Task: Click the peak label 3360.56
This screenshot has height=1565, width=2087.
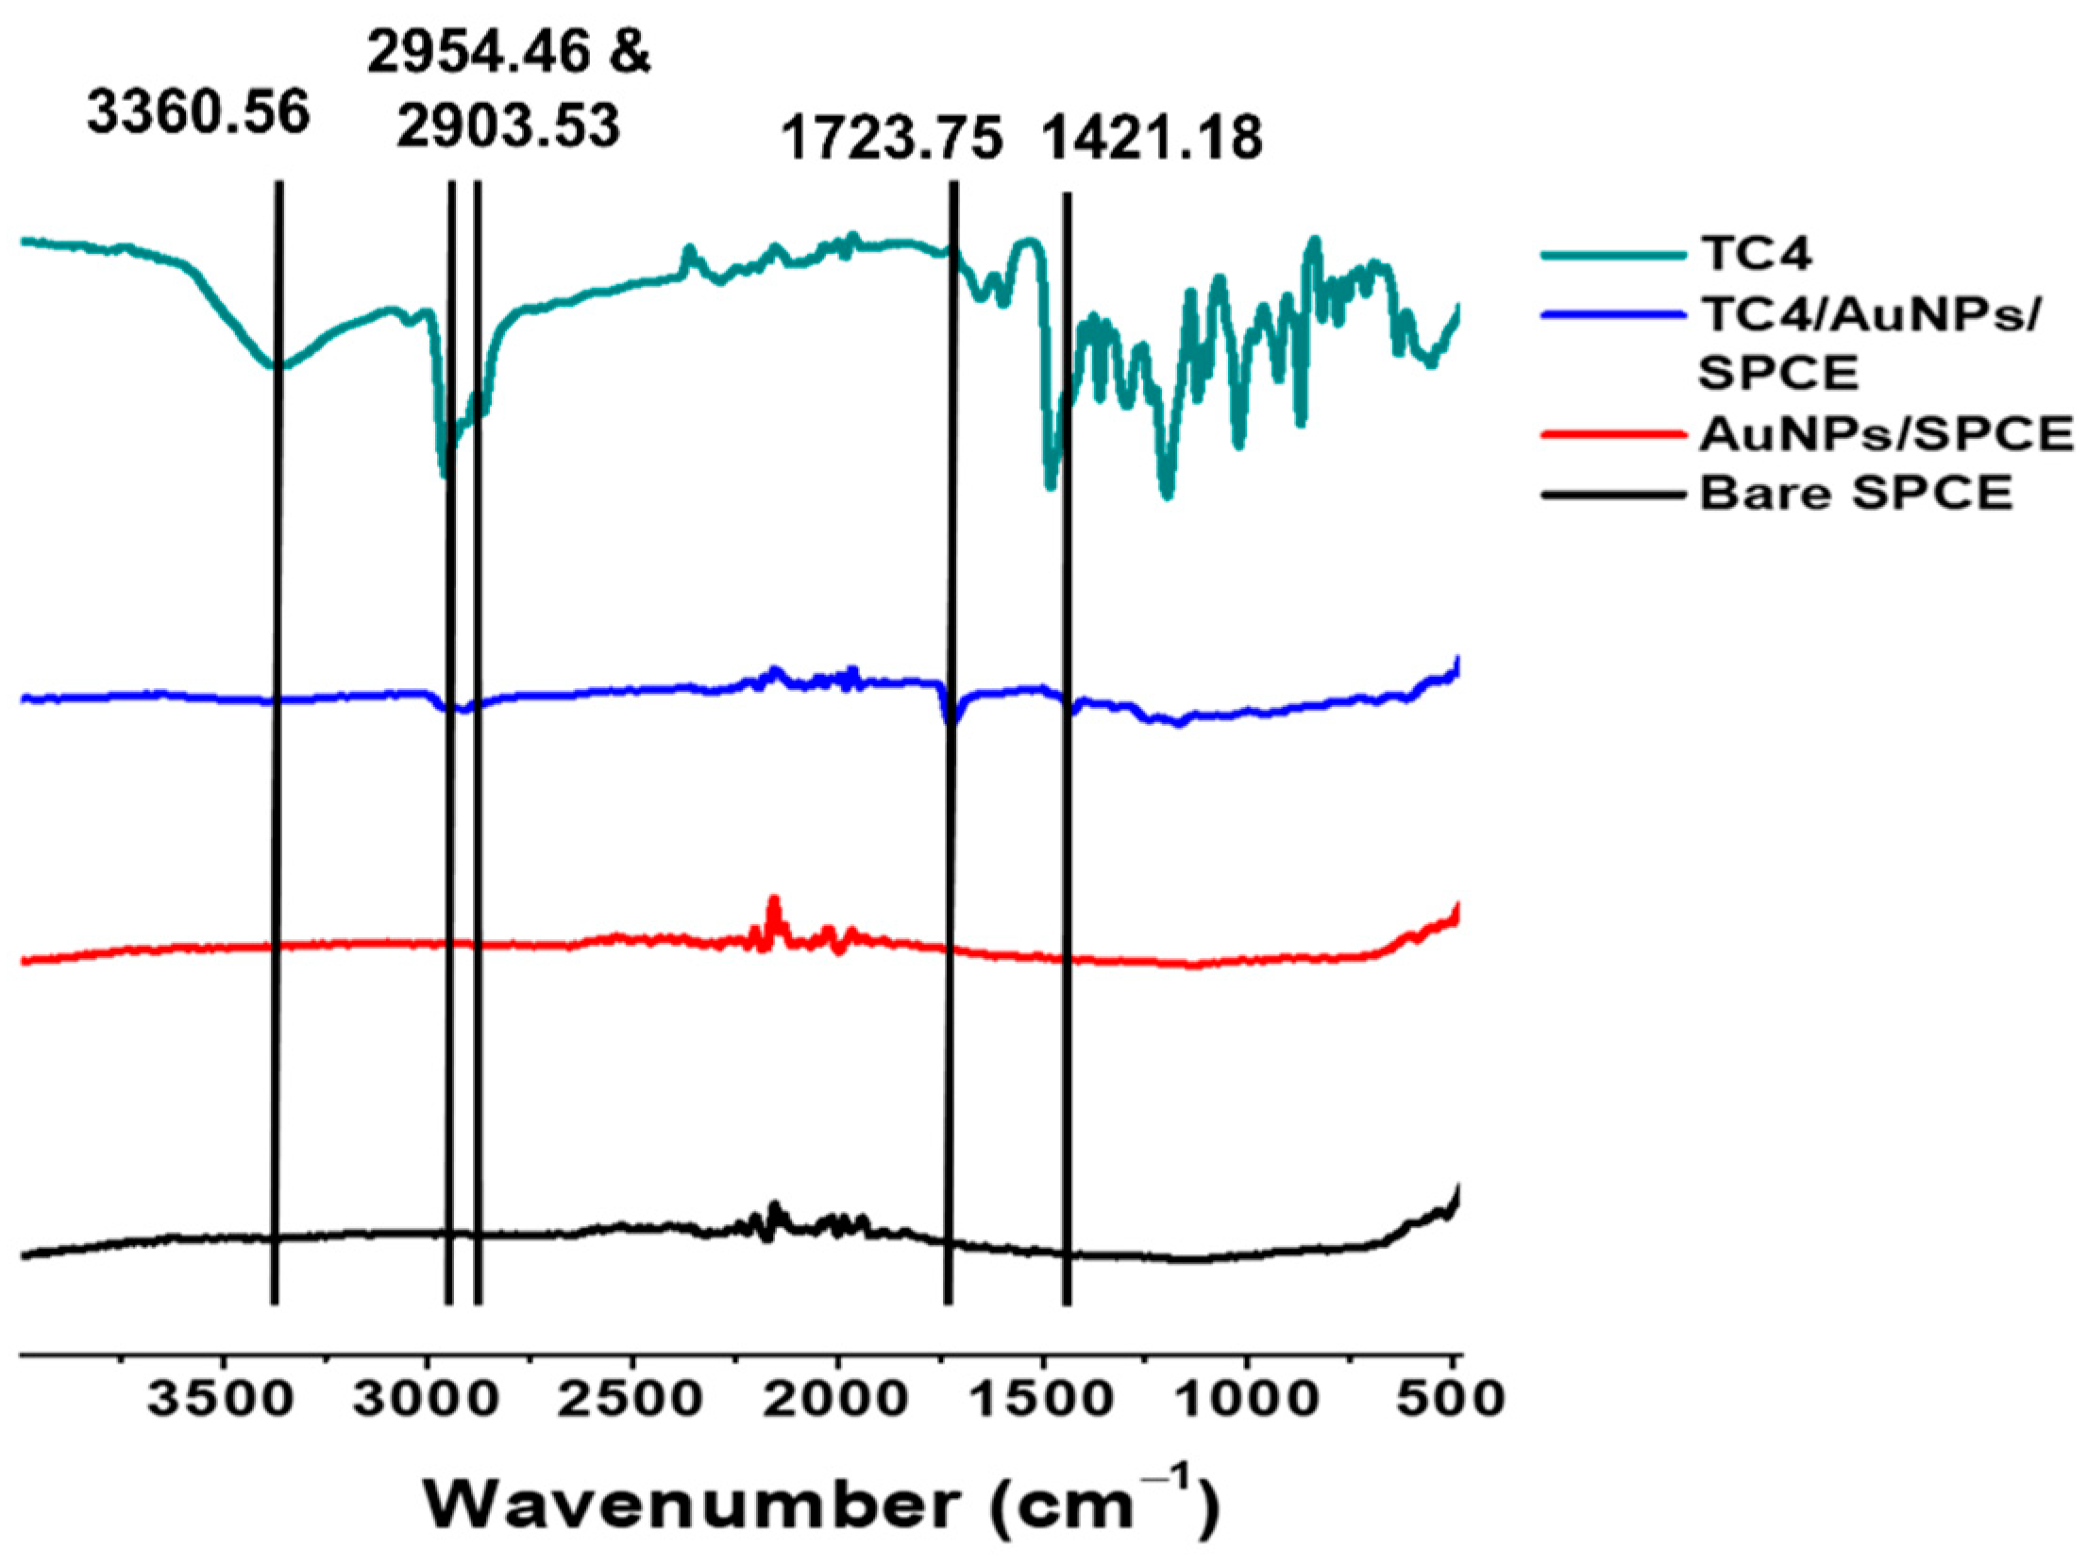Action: click(198, 113)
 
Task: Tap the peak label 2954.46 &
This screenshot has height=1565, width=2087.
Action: click(509, 51)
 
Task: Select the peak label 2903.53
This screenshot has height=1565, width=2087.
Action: click(509, 126)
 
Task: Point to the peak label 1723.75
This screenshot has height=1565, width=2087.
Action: click(891, 139)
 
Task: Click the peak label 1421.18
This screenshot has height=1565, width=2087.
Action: click(1152, 138)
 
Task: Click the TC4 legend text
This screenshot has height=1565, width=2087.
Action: click(1756, 254)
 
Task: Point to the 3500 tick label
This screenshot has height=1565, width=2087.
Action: click(219, 1398)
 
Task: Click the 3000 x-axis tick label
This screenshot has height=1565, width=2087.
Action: click(427, 1398)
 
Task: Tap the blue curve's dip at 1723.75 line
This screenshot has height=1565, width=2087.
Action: click(951, 720)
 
